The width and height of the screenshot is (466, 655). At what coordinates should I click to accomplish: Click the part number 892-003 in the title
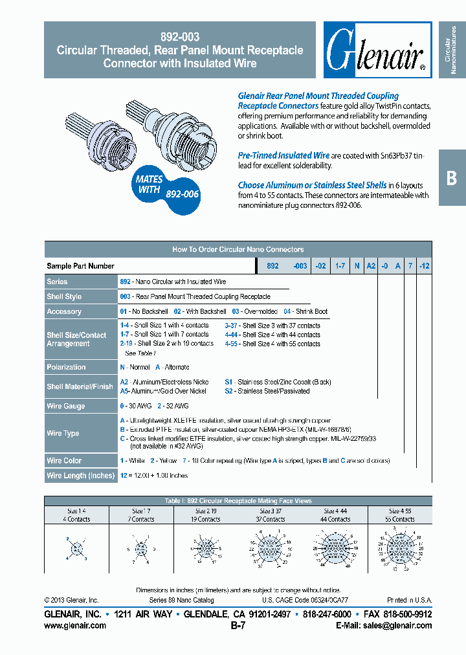click(179, 38)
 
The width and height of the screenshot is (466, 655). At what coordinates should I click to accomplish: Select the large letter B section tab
click(452, 179)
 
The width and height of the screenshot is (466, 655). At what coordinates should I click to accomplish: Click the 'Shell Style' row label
click(64, 296)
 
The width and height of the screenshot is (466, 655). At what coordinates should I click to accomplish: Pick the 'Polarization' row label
click(66, 367)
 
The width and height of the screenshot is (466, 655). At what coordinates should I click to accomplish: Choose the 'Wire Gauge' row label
click(65, 406)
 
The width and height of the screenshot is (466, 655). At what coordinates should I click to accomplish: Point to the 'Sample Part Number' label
click(80, 266)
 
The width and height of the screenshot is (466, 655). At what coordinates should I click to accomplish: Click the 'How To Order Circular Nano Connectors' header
click(238, 249)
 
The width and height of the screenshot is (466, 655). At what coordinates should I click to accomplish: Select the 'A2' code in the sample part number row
click(371, 266)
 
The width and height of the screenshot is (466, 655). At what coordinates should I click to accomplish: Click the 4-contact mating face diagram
click(76, 548)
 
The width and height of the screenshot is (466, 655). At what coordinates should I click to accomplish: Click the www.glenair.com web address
click(75, 626)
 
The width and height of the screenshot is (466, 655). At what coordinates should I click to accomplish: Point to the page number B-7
click(238, 626)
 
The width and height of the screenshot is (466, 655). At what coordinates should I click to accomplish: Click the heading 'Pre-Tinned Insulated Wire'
click(283, 155)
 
